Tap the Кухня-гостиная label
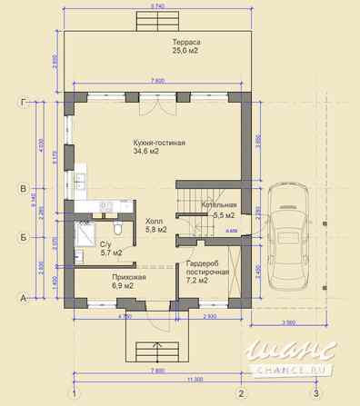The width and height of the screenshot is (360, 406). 159,144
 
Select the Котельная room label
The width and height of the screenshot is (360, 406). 218,205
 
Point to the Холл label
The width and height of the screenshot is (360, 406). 155,221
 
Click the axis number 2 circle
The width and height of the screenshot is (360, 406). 241,393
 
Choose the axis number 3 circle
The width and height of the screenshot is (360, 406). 315,393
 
